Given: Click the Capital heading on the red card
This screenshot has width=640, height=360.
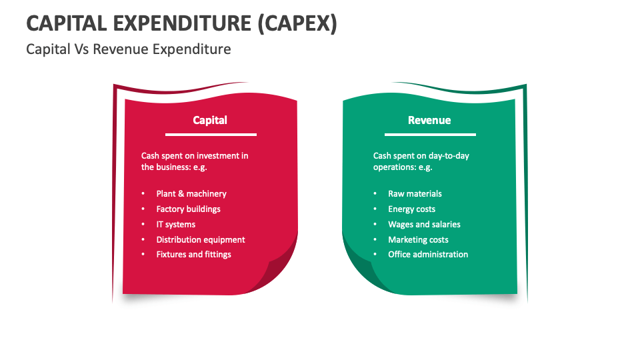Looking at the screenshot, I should coord(210,121).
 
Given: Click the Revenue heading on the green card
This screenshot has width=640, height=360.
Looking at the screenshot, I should coord(429,121).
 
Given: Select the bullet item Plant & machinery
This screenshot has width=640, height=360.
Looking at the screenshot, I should coord(191,194).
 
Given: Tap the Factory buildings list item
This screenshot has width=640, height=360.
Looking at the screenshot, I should coord(188,209).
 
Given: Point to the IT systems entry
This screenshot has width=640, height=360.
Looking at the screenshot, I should coord(175,225).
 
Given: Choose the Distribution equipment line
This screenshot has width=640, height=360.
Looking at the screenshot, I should coord(201,240).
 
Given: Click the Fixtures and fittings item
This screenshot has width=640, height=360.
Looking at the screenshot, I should coord(193,255).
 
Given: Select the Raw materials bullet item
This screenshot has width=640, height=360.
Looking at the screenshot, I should coord(415,194).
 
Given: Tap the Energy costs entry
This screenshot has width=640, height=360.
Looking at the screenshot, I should coord(411,209).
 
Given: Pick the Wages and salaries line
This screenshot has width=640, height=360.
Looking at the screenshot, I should coord(424,225).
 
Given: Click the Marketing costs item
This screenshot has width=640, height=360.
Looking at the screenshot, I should coord(418,240).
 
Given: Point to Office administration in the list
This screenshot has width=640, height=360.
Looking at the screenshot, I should coord(428,255).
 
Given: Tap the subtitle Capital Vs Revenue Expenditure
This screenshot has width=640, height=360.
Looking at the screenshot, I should coord(129,49).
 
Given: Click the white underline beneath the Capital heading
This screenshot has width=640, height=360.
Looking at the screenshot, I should coord(210,135).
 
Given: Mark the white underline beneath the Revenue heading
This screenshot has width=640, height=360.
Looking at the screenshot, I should coord(429,135).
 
